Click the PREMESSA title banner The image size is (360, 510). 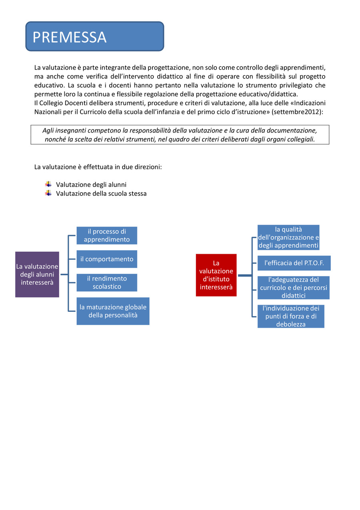(x=95, y=36)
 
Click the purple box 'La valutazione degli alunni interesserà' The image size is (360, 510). (x=37, y=274)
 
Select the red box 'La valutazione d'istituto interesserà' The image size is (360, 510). (x=216, y=275)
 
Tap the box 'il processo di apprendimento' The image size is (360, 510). (x=107, y=235)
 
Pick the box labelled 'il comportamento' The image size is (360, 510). (x=107, y=259)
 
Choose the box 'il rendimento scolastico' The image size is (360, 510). (x=107, y=282)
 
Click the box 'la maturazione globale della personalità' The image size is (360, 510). (x=113, y=311)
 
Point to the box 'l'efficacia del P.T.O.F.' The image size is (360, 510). (x=294, y=263)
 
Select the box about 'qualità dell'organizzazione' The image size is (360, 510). (x=288, y=237)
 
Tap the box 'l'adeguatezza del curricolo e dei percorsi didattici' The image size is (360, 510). (x=293, y=287)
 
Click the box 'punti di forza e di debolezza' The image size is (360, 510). (x=291, y=316)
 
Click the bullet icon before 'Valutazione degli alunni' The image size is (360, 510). (x=48, y=184)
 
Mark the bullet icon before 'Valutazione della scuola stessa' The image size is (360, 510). (x=48, y=193)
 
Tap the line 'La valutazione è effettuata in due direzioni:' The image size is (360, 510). (x=98, y=167)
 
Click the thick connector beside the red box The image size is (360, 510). (x=244, y=275)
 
